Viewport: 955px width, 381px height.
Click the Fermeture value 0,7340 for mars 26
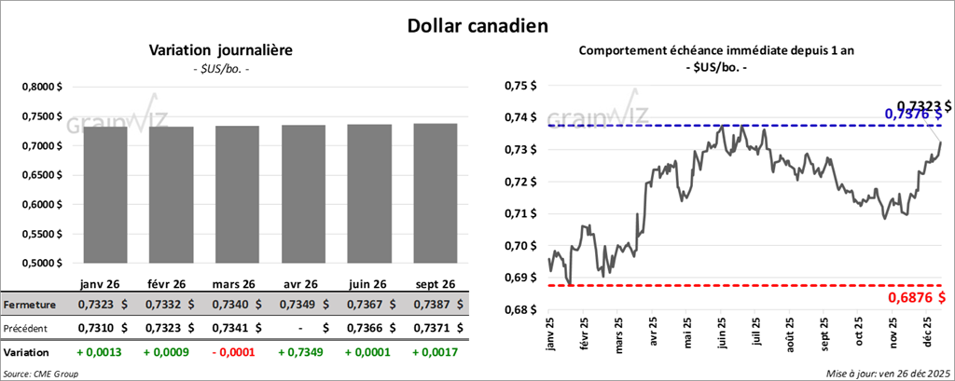point(228,305)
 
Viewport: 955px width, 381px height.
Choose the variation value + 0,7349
point(298,353)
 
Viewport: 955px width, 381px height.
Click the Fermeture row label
point(30,305)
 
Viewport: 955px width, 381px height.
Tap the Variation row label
point(27,353)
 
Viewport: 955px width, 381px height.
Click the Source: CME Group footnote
point(41,374)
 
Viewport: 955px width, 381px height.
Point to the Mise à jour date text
point(887,374)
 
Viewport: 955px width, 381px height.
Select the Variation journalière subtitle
point(221,51)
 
